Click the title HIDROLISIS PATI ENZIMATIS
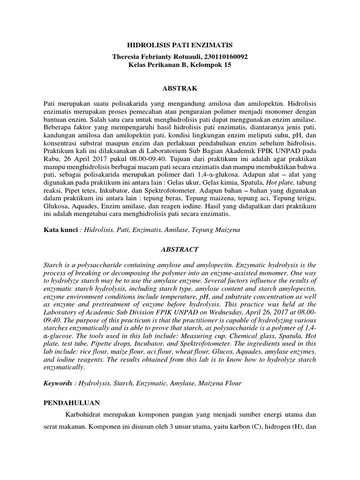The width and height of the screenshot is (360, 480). (x=180, y=45)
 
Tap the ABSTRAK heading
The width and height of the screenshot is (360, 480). (x=180, y=88)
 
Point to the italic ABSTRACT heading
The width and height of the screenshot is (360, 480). (x=180, y=249)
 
